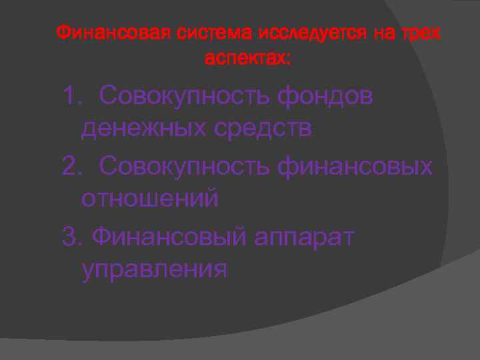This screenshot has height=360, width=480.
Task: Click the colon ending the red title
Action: [289, 60]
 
